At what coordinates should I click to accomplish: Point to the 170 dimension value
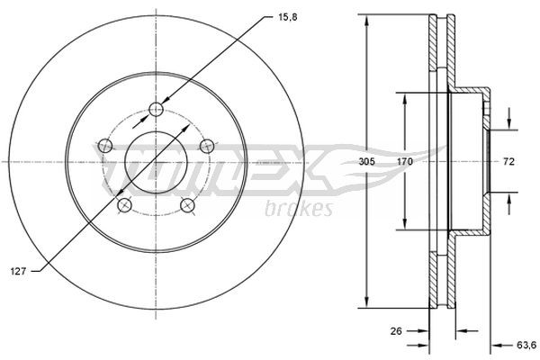pyautogui.click(x=405, y=162)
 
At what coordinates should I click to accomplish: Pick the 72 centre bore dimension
pyautogui.click(x=508, y=162)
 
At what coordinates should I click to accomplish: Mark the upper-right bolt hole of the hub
pyautogui.click(x=207, y=145)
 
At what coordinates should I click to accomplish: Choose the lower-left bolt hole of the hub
pyautogui.click(x=125, y=205)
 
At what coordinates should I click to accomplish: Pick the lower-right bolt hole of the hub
pyautogui.click(x=188, y=205)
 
